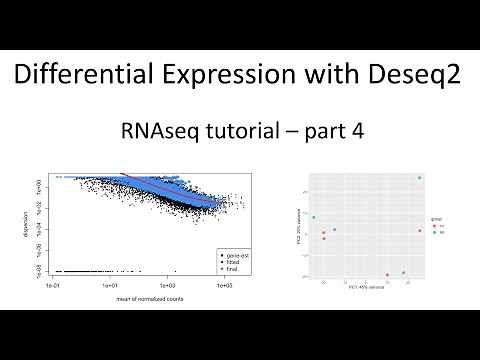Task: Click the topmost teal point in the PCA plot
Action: (419, 178)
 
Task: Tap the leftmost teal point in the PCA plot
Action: (314, 217)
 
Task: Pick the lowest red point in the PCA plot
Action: (387, 275)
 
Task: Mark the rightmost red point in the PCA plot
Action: (420, 231)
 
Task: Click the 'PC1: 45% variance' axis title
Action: (368, 289)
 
